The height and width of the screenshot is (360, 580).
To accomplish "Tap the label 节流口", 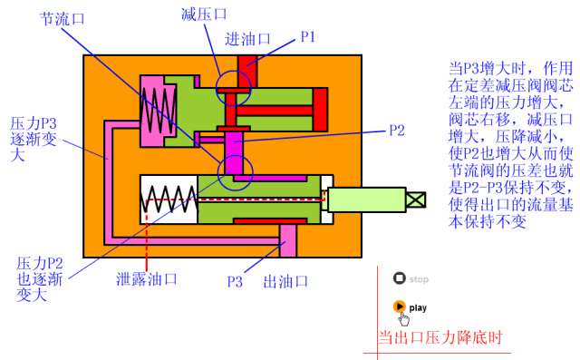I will click(x=62, y=17).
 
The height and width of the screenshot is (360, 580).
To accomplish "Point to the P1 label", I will click(x=309, y=37).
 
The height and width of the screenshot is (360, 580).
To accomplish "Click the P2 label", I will click(x=396, y=130).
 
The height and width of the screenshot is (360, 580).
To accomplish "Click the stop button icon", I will click(x=399, y=279).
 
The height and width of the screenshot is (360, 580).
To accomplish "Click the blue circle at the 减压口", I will click(x=236, y=86).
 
